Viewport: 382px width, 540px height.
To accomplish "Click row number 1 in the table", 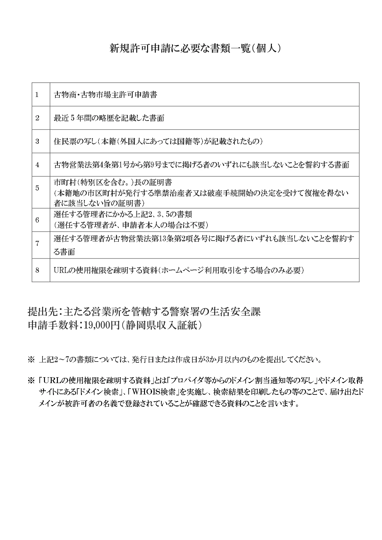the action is tap(37, 95).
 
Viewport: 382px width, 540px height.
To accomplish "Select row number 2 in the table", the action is tap(37, 118).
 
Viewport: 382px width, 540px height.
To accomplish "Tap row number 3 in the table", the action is tap(37, 142).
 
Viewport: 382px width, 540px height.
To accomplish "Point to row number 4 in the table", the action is tap(37, 165).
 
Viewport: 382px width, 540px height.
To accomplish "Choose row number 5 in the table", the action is tap(37, 188).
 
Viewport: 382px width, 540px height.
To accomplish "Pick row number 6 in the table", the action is tap(37, 220).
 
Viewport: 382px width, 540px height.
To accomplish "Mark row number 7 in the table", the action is tap(37, 244).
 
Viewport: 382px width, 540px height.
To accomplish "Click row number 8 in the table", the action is tap(37, 270).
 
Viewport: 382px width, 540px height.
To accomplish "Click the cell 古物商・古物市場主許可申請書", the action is tap(105, 95).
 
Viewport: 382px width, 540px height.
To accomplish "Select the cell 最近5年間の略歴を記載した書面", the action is tap(109, 118).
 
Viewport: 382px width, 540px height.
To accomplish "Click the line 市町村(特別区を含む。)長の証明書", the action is tap(113, 182).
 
